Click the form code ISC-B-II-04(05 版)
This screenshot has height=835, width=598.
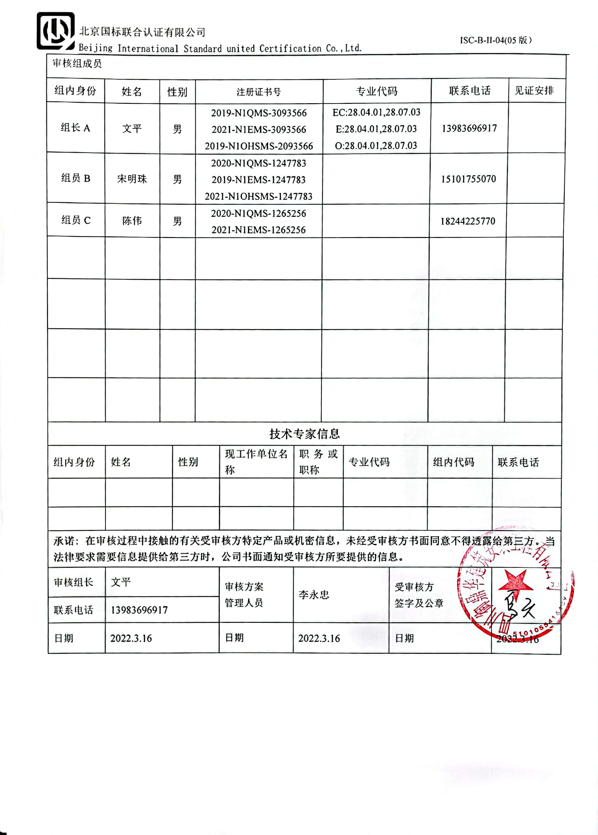[x=495, y=40]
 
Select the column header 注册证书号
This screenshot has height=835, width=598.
[x=259, y=92]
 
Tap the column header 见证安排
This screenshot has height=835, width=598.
[x=534, y=90]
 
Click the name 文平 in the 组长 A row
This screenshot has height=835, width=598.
[x=132, y=128]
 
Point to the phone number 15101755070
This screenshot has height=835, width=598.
[x=468, y=179]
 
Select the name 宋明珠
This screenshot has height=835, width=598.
[x=132, y=179]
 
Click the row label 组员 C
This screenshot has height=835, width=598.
[x=76, y=221]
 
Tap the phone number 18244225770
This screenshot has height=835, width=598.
[x=468, y=221]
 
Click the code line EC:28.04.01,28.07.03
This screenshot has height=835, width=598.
[x=376, y=113]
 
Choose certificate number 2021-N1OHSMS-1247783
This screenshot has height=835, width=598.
[x=258, y=196]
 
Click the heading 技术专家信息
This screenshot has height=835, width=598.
[x=304, y=434]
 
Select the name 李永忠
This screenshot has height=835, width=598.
[x=314, y=595]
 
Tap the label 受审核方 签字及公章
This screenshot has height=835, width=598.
[x=419, y=595]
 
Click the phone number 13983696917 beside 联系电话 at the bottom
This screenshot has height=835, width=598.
[x=139, y=610]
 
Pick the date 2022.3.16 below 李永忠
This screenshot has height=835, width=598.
[x=319, y=638]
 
